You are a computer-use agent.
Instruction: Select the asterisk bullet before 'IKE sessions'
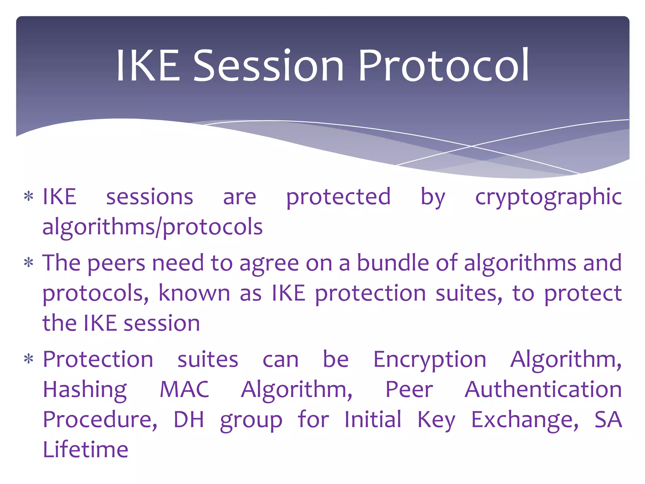[x=29, y=197]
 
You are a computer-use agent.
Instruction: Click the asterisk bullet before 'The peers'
[x=29, y=262]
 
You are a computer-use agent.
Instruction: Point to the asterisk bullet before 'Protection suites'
[x=29, y=359]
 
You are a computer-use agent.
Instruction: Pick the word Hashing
[x=85, y=390]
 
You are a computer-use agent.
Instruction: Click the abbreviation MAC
[x=185, y=389]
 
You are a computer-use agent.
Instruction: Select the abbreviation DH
[x=189, y=419]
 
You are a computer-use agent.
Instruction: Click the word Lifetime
[x=85, y=449]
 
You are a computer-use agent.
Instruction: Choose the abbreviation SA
[x=608, y=419]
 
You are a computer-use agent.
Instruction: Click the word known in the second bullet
[x=194, y=293]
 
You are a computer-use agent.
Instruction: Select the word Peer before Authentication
[x=409, y=389]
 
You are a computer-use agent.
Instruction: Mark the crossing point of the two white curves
[x=471, y=146]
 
